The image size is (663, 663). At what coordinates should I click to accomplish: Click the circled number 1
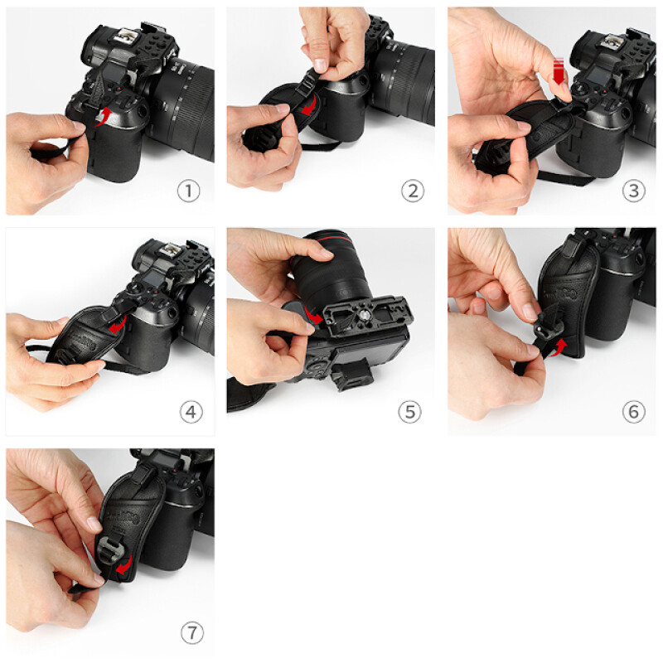coord(189,191)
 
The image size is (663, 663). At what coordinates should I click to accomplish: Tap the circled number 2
coord(412,191)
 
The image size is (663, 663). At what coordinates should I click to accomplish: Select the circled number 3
coord(633,191)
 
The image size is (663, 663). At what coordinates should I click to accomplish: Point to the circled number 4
coord(189,412)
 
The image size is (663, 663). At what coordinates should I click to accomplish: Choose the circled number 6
coord(633,412)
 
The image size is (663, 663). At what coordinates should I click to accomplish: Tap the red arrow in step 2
coord(308,107)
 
